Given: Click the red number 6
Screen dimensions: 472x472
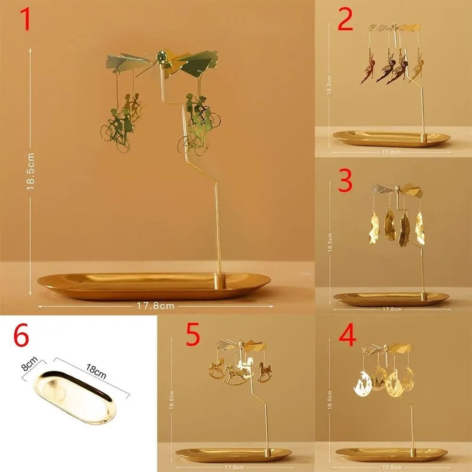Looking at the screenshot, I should click(x=21, y=337).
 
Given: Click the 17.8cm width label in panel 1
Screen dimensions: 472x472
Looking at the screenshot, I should click(x=154, y=306).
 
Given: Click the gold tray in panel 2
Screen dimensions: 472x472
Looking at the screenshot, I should click(x=391, y=138).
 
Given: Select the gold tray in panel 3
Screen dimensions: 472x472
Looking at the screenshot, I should click(x=391, y=299).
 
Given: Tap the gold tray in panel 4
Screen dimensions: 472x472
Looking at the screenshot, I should click(x=391, y=455).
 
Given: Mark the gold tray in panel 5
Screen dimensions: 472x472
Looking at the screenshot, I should click(x=234, y=455).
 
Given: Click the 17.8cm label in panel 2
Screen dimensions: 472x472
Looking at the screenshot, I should click(x=391, y=152).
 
